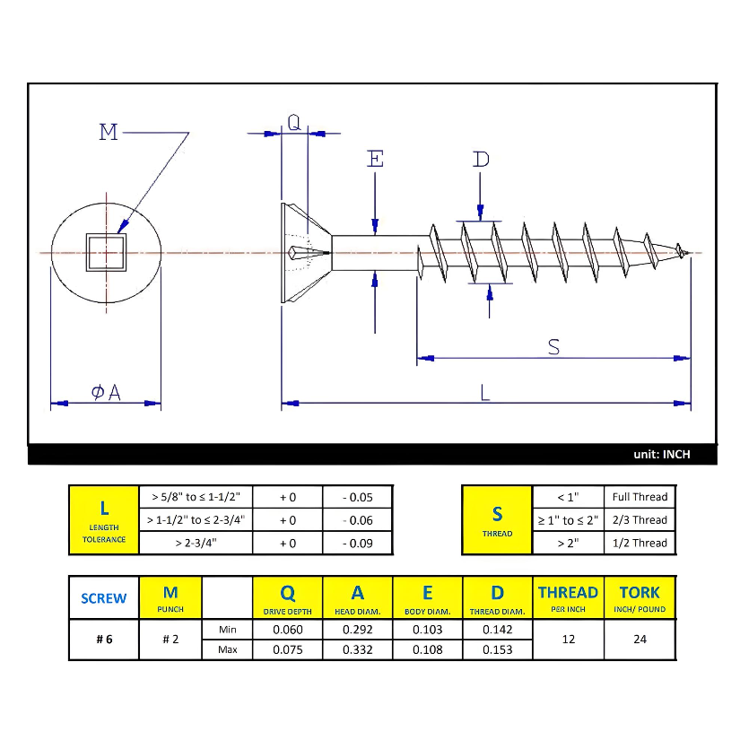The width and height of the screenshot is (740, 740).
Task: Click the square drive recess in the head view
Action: (105, 252)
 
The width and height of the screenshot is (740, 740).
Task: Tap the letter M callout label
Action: (109, 133)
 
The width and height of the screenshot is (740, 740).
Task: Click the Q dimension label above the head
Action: (294, 122)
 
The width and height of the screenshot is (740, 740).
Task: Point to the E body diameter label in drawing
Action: (375, 160)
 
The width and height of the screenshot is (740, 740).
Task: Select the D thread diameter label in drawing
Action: (482, 160)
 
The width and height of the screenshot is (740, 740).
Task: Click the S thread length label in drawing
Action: (553, 346)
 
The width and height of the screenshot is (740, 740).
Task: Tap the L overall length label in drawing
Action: (484, 392)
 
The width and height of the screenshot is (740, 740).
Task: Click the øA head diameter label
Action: (106, 392)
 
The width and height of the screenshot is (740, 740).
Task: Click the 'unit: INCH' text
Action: (662, 455)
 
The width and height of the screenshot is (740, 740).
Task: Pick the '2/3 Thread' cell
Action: (640, 519)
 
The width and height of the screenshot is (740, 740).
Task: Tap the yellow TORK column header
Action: (640, 597)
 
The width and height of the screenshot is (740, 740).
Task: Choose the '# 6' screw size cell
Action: (103, 640)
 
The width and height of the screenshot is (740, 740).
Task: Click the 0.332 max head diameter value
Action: (357, 649)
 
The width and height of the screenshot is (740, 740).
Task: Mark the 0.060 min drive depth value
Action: (288, 630)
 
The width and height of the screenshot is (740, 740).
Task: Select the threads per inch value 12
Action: (568, 640)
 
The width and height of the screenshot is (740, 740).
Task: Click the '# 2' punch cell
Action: (170, 640)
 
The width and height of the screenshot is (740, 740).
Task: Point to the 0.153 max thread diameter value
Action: (497, 649)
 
